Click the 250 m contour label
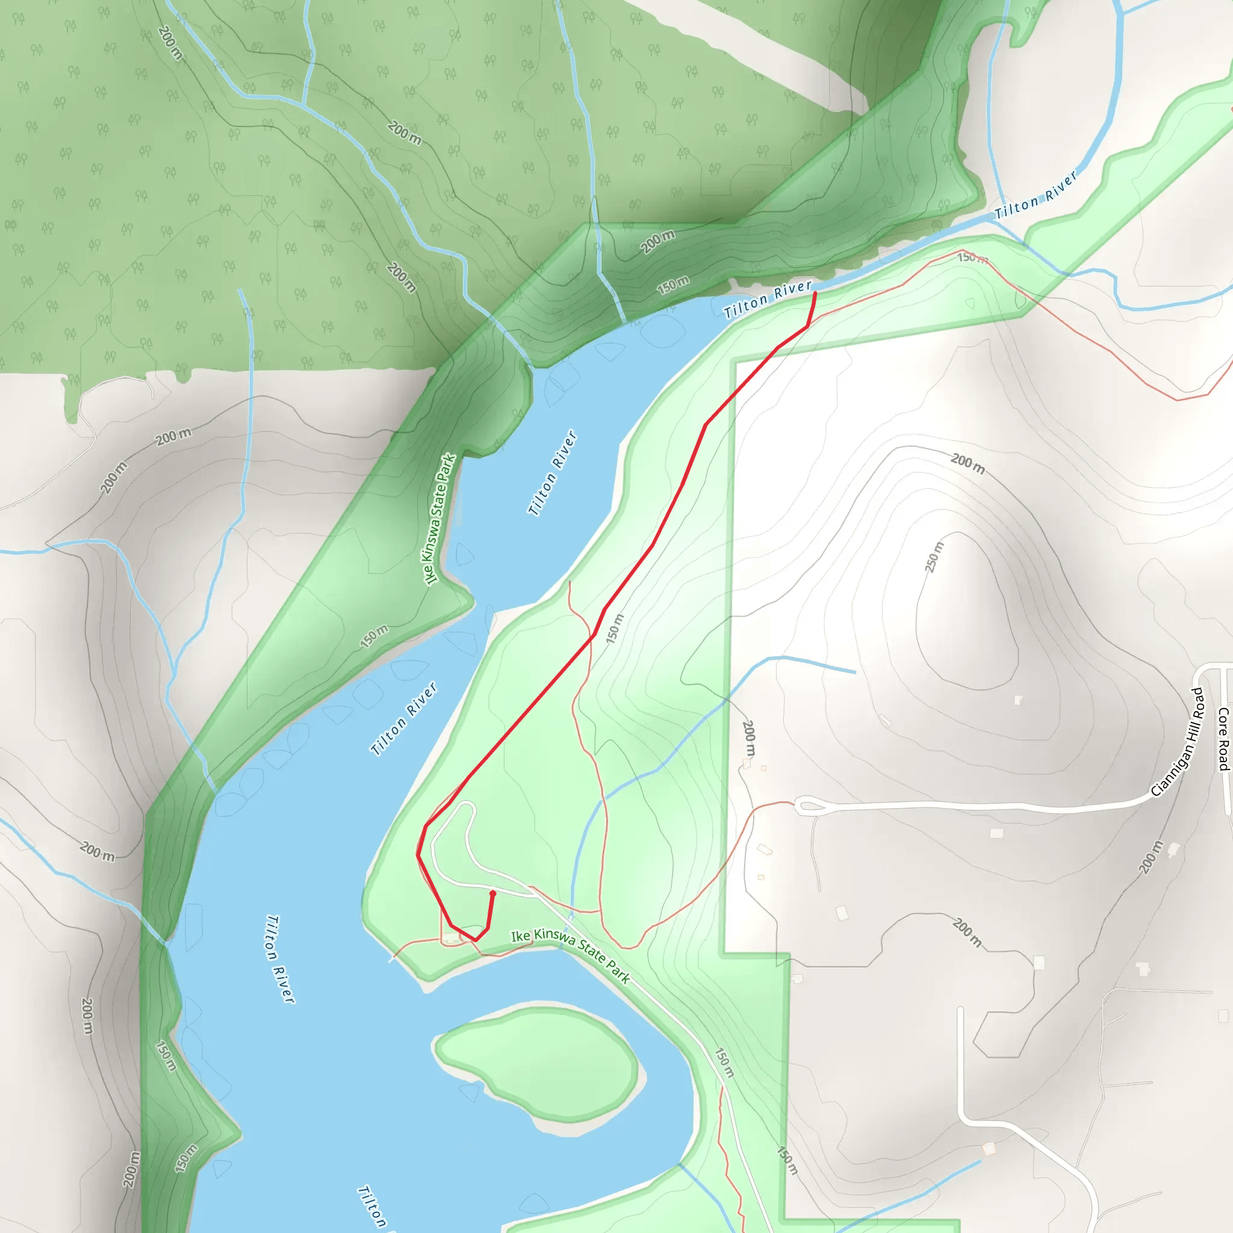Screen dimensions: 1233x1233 (934, 557)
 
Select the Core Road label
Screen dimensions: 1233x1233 (1223, 738)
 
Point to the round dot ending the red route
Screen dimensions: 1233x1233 (492, 893)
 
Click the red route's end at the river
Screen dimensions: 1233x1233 (815, 294)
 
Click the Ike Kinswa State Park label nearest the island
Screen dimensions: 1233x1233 (571, 955)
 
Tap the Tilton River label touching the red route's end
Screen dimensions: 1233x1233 (768, 299)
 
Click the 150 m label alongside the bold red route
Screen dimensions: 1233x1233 (614, 628)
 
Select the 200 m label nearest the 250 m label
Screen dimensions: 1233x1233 (967, 464)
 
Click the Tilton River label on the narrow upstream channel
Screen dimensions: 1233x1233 (1037, 194)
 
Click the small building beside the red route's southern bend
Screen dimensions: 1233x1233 (451, 937)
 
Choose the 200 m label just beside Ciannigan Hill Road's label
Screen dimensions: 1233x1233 (1151, 857)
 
